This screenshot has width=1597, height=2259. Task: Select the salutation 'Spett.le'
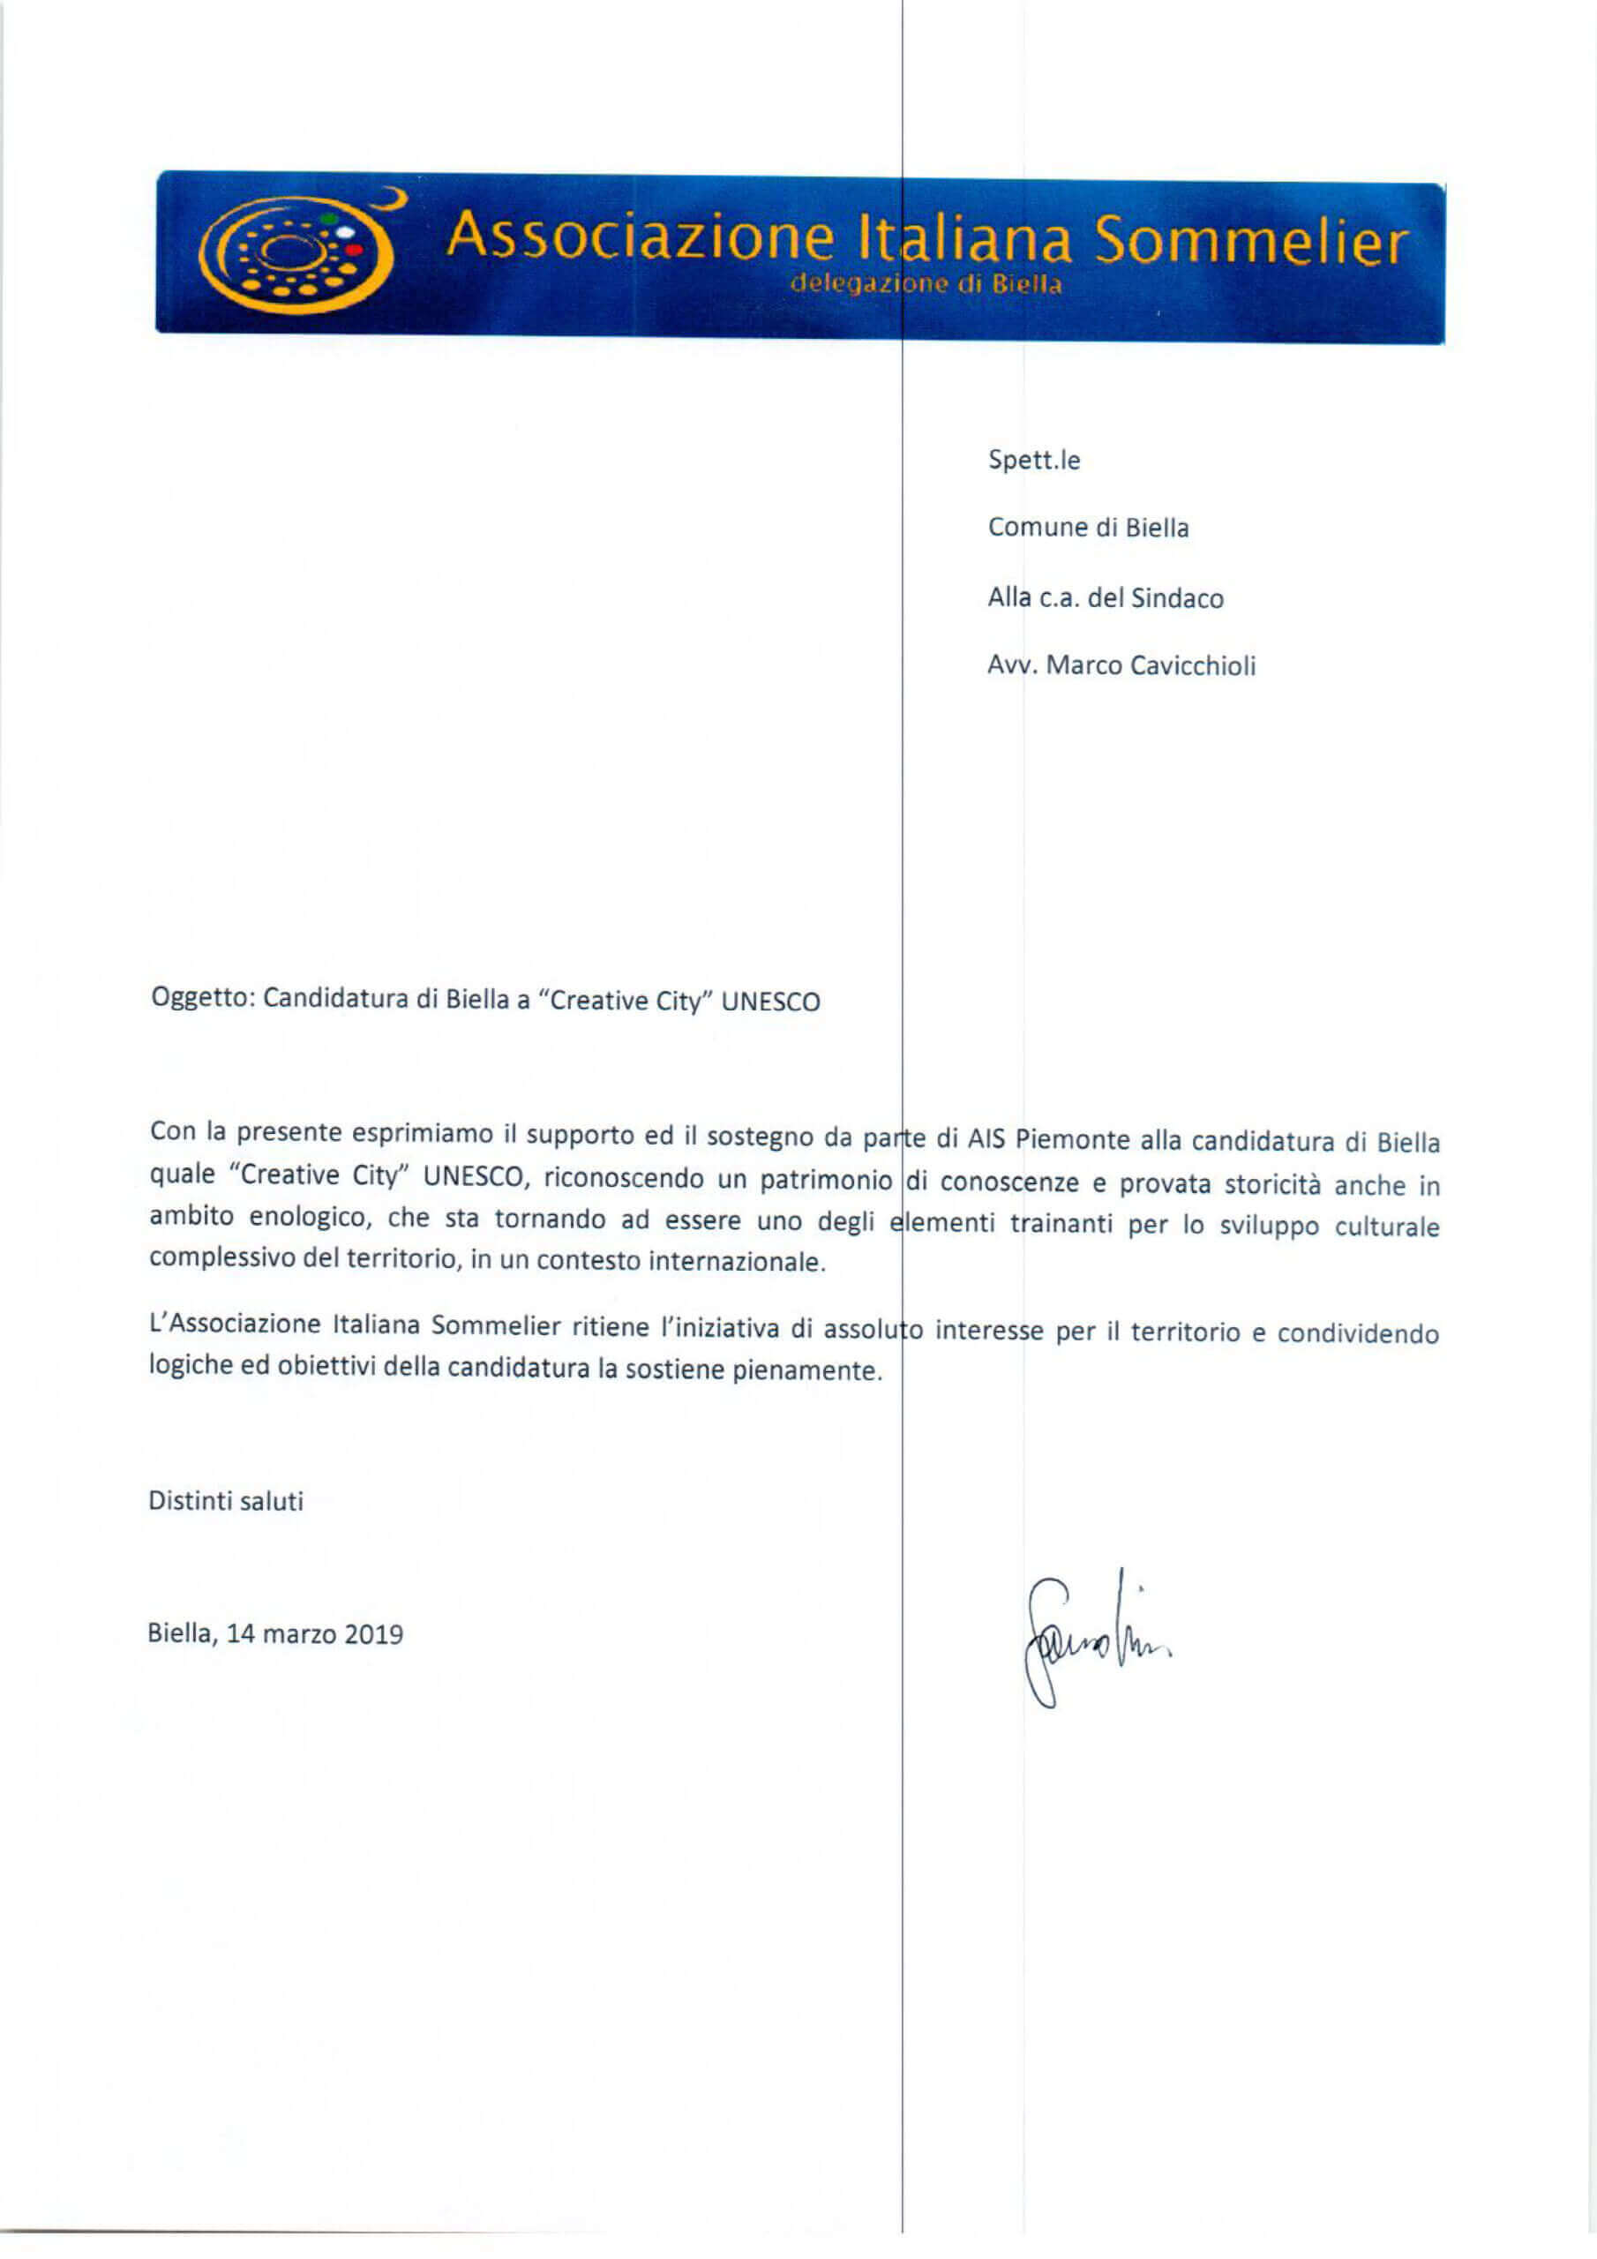pyautogui.click(x=1033, y=461)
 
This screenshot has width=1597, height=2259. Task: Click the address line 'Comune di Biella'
pyautogui.click(x=1087, y=529)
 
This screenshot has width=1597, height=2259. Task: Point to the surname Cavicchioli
pyautogui.click(x=1193, y=666)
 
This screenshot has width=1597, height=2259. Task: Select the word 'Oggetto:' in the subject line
pyautogui.click(x=203, y=998)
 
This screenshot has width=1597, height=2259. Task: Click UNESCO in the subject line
pyautogui.click(x=770, y=1002)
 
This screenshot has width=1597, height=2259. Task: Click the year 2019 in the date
pyautogui.click(x=374, y=1634)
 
